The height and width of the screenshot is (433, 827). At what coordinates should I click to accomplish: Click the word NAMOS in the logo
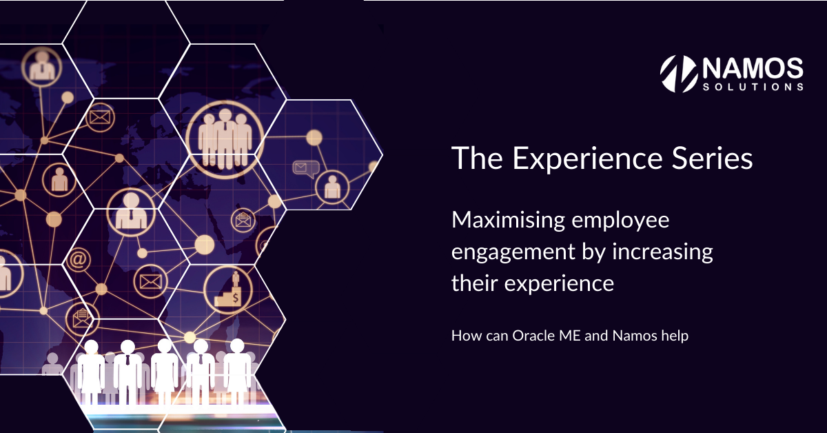753,68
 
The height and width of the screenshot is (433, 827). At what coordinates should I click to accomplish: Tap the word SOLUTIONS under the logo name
753,87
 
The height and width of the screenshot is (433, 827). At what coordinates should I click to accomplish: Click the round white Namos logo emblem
679,74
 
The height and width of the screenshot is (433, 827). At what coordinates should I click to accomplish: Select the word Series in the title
712,158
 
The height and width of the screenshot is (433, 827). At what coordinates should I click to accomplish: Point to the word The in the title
477,158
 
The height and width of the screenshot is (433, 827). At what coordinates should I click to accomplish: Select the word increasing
663,252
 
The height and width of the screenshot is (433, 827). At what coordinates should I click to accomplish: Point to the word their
474,283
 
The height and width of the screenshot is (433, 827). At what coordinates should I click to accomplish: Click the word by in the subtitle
593,252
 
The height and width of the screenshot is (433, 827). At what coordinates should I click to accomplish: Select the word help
675,336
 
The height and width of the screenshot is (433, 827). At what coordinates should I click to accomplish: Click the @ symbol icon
78,259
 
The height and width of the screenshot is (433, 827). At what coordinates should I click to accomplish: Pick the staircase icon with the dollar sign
228,290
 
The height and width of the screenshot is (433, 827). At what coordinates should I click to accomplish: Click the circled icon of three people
225,139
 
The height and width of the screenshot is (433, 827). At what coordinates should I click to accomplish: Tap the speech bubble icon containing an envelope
306,169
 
